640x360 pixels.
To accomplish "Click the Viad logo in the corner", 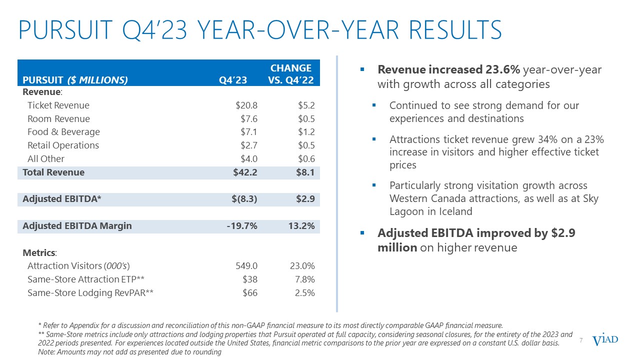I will pos(605,340).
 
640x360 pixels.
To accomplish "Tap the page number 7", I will pos(581,340).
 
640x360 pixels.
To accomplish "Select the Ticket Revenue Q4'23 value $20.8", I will pos(246,105).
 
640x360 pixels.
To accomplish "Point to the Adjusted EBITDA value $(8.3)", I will pos(245,199).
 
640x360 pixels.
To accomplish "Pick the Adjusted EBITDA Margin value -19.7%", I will pos(242,226).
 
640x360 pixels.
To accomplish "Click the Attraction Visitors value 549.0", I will pos(246,266).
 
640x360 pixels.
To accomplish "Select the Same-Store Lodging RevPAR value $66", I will pos(249,293).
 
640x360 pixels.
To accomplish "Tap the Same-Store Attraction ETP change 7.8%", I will pos(304,279).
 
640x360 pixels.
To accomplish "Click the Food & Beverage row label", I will pos(63,132).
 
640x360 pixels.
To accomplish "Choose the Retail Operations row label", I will pos(63,145).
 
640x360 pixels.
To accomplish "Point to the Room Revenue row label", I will pos(58,119).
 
